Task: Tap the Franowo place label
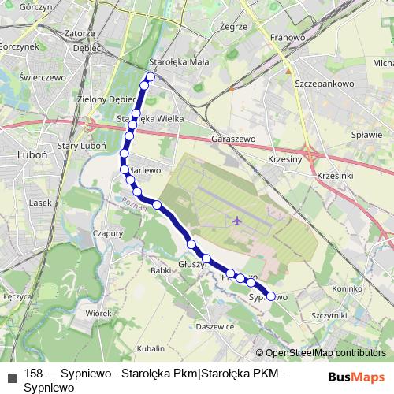288,37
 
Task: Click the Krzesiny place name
284,158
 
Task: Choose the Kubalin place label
151,348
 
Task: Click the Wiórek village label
98,313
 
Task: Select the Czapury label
107,233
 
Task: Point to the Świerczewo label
42,78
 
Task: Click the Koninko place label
346,289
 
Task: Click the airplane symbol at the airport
237,220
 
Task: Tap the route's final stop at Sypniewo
271,296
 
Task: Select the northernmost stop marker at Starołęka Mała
150,77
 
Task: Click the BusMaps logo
357,377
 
